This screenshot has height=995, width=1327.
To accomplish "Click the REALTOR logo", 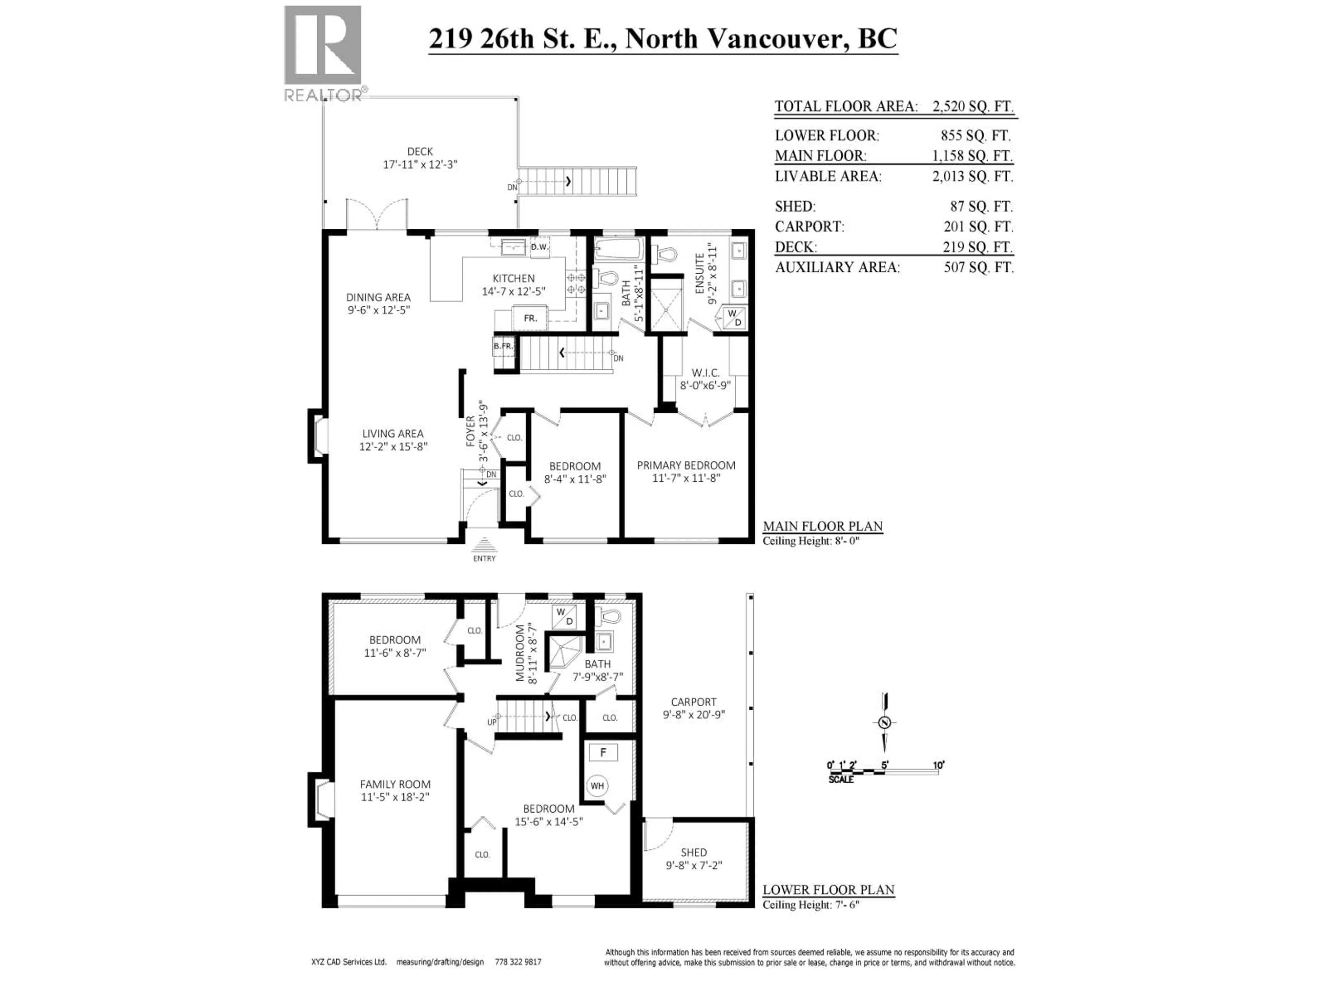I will point(323,53).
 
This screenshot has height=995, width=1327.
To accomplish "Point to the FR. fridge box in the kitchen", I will point(530,318).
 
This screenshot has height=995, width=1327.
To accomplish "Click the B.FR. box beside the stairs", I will point(503,346).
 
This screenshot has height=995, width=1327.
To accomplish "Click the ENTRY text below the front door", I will point(484,558).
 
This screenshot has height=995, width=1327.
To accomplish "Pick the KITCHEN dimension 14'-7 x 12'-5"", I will point(514,292).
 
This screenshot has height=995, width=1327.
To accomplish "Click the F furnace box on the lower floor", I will point(603,752).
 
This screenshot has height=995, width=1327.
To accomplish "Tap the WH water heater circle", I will point(597,786).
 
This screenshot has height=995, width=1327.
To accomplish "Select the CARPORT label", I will point(694,702).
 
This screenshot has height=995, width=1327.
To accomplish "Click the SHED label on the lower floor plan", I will point(694,852).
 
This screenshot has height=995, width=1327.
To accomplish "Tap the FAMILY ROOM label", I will point(395,784).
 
